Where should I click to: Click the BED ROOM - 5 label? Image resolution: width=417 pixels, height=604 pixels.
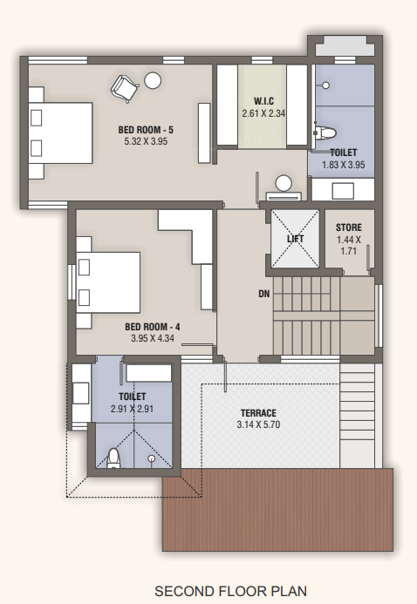(146, 130)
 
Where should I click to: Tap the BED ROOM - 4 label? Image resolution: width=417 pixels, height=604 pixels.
(153, 327)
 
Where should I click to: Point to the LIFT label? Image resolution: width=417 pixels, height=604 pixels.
(296, 238)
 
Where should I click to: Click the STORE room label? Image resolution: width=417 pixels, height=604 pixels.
(348, 228)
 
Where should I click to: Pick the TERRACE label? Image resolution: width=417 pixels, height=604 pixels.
(258, 412)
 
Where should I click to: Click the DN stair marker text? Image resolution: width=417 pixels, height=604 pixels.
(263, 294)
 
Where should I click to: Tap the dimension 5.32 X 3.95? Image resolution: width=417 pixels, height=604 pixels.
(146, 141)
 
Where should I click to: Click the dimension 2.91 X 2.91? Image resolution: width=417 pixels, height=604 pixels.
(133, 407)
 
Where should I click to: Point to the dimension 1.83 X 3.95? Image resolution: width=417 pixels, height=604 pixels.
(343, 164)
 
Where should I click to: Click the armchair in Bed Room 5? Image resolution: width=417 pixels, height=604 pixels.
(122, 86)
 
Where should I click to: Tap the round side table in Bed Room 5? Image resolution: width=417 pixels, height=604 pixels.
(153, 80)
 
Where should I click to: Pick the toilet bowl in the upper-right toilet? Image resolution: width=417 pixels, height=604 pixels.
(325, 133)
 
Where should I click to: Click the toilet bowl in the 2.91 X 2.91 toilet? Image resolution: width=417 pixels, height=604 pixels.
(113, 458)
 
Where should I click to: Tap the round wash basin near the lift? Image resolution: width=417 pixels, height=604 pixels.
(284, 184)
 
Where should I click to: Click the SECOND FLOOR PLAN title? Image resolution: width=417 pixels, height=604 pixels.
(230, 590)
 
